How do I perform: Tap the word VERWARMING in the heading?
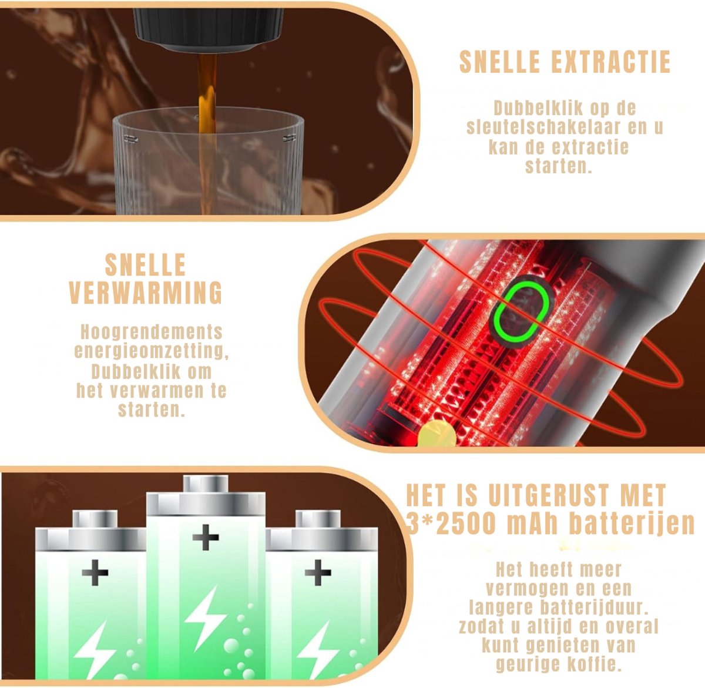point(146,293)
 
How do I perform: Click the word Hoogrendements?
point(152,331)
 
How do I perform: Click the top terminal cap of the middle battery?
point(206,484)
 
